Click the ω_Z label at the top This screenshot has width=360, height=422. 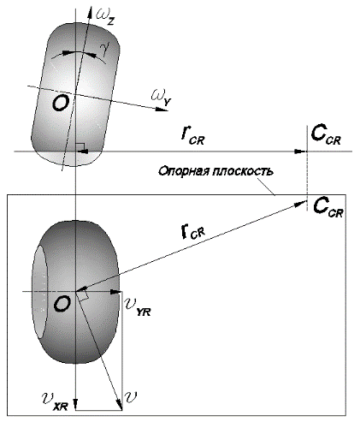[105, 15]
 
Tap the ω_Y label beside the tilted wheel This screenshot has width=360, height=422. [161, 98]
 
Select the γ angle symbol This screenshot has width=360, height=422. [106, 50]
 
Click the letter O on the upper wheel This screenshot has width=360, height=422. [61, 103]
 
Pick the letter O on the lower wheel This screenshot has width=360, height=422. [62, 304]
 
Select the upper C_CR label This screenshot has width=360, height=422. [326, 135]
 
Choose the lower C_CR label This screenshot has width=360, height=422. [328, 207]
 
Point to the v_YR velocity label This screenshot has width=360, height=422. [138, 307]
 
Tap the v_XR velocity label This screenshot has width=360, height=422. [55, 401]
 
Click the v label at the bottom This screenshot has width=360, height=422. [131, 396]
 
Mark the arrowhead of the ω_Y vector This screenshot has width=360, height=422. [162, 109]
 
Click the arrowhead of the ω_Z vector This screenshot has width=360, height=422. [91, 11]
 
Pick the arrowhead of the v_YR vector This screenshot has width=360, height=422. [116, 292]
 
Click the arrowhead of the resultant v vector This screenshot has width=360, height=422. [120, 404]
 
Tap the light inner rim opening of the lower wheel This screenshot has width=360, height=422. [41, 291]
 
